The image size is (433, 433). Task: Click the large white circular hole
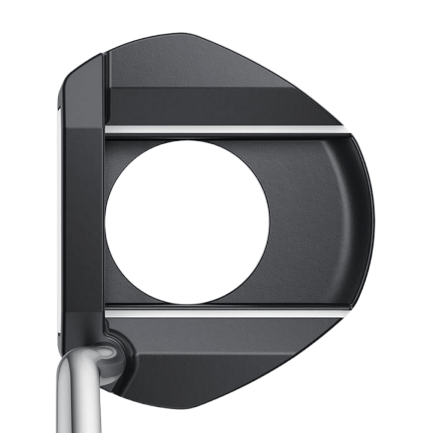point(188,222)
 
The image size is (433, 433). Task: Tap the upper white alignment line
point(224,129)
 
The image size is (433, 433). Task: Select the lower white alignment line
point(224,314)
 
